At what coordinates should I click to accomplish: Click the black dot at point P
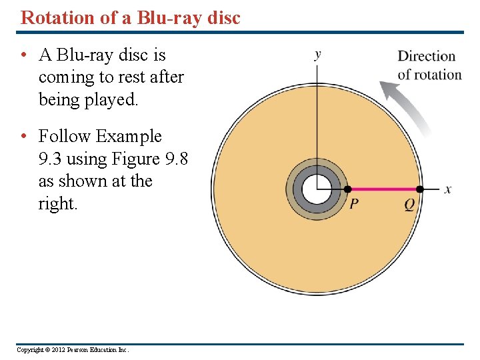(x=347, y=189)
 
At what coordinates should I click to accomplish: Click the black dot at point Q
(x=420, y=189)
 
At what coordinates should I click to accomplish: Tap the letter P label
(x=355, y=205)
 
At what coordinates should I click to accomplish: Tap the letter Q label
(x=409, y=205)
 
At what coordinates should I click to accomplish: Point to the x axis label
(x=447, y=189)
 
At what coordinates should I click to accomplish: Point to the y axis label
(x=317, y=54)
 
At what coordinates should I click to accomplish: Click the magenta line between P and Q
(x=383, y=189)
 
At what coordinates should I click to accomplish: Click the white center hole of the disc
(x=317, y=189)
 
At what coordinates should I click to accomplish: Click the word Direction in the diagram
(x=426, y=56)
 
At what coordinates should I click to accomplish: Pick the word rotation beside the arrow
(x=438, y=74)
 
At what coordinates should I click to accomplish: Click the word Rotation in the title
(x=58, y=17)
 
